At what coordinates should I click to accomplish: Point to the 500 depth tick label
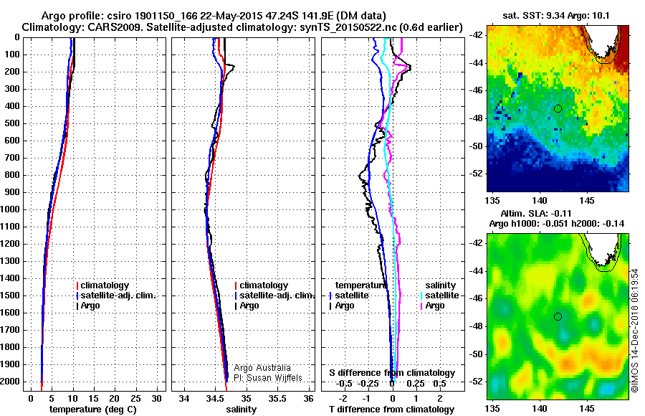pos(13,123)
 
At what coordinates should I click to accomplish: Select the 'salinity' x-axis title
pos(241,410)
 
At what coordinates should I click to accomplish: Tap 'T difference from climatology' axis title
pos(393,410)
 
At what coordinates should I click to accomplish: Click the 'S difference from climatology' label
pos(392,373)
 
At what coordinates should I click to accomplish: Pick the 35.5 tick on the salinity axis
pos(277,398)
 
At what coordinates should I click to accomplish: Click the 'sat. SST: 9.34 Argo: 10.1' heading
pos(557,15)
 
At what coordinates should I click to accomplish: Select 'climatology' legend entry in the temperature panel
pos(117,285)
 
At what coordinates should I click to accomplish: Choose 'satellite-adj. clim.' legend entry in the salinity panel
pos(276,296)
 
